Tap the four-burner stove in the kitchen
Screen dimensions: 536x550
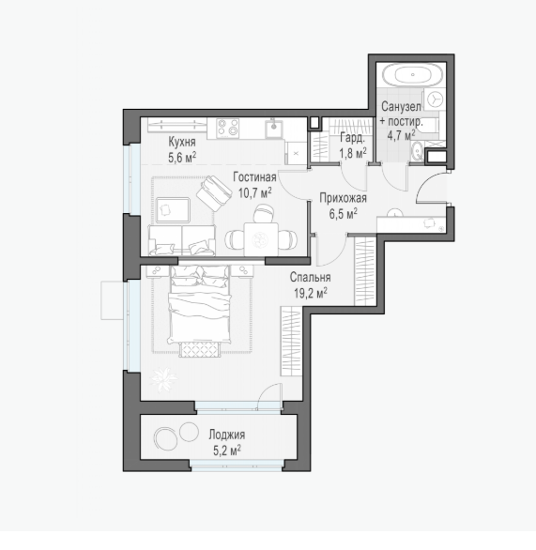coord(228,128)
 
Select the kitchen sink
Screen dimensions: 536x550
coord(274,129)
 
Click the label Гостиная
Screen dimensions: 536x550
coord(254,177)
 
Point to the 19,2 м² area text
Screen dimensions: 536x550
coord(311,293)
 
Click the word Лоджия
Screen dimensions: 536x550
coord(227,435)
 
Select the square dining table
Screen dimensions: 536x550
coord(261,239)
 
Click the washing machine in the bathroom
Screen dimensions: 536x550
coord(435,99)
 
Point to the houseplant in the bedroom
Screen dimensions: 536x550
coord(163,379)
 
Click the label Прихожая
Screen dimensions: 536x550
coord(343,198)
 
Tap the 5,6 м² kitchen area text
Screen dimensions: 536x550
coord(182,158)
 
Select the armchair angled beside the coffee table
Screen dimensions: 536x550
coord(214,193)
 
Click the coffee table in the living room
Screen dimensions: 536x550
coord(173,210)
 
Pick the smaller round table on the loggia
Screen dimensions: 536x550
coord(189,431)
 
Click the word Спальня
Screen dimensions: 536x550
coord(310,277)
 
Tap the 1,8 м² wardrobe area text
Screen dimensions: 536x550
coord(353,153)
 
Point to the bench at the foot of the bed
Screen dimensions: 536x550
coord(200,350)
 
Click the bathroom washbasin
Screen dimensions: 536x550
coord(418,151)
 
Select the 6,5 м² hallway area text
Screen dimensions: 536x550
coord(343,214)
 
